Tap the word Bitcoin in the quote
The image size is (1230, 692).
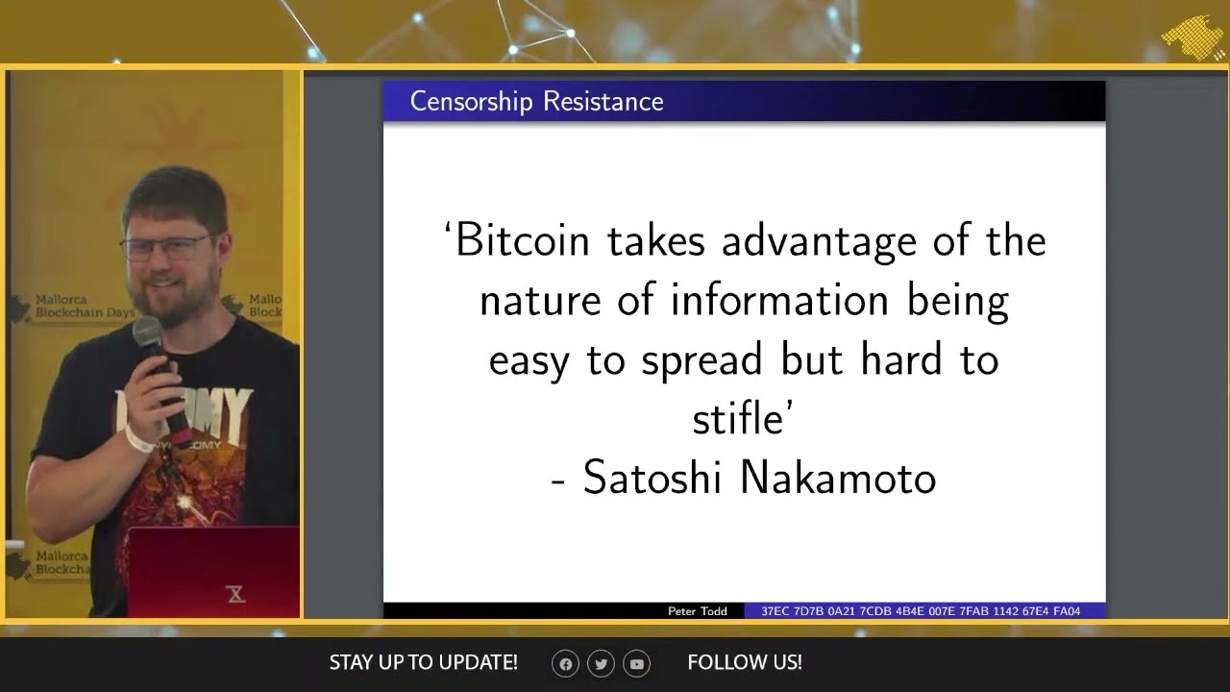point(523,240)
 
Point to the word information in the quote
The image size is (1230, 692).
point(779,300)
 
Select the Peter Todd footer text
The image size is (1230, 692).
point(698,611)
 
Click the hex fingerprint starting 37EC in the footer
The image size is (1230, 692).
point(921,611)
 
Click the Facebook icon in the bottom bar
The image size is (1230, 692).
point(566,663)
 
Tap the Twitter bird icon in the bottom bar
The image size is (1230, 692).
point(602,663)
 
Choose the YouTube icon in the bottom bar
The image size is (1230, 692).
point(637,663)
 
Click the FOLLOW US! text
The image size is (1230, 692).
point(745,662)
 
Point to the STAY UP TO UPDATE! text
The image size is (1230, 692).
point(423,662)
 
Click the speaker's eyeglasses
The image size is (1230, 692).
point(171,247)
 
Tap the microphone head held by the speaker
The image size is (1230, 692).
point(147,334)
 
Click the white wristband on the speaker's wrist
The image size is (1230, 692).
point(140,440)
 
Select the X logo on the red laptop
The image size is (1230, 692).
point(236,594)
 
